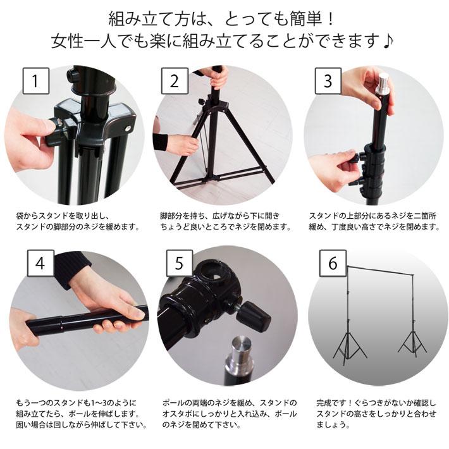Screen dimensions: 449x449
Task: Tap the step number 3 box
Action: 328,81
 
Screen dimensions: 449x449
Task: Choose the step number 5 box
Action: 180,263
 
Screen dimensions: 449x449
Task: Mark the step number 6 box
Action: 333,263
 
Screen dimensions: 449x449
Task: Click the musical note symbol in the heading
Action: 388,41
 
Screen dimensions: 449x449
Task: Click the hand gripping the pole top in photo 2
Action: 218,78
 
